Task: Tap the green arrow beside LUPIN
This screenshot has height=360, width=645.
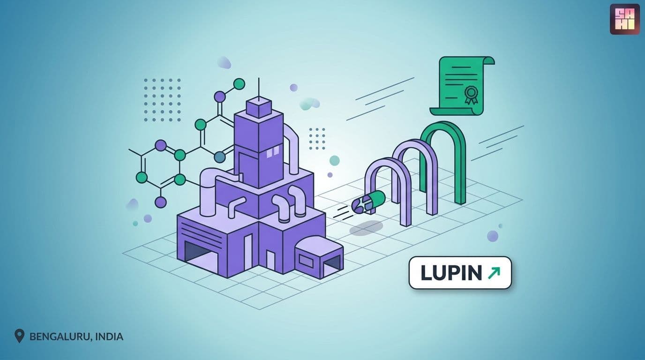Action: coord(494,273)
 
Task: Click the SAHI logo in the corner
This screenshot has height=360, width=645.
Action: coord(624,19)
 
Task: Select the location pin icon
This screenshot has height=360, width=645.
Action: coord(19,336)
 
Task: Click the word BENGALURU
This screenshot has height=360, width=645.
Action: coord(60,337)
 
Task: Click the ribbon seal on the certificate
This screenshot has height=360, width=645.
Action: coord(471,95)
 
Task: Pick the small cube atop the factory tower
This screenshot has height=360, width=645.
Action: coord(259,108)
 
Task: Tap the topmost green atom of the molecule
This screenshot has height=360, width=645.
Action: coord(239,84)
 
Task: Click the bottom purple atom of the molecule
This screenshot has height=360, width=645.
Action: coord(161,202)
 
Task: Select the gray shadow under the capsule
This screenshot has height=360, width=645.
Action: coord(366,228)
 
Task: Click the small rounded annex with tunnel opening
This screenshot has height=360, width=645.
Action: coord(319,257)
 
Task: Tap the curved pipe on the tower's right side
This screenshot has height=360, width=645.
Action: coord(292,147)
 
